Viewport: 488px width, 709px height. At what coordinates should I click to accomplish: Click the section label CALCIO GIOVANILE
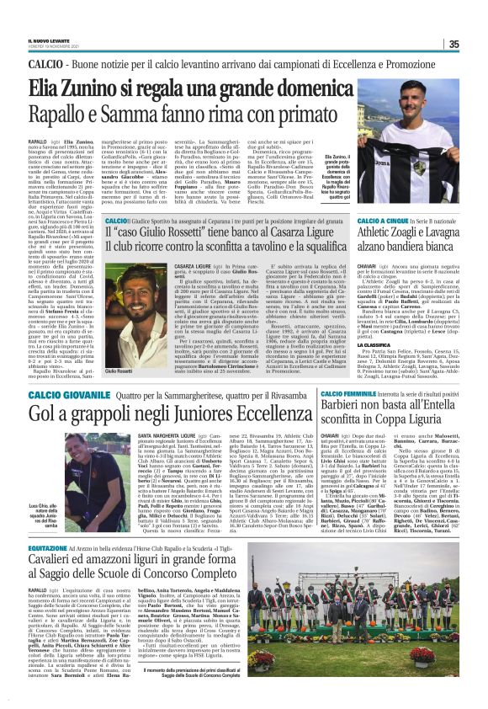click(x=63, y=392)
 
